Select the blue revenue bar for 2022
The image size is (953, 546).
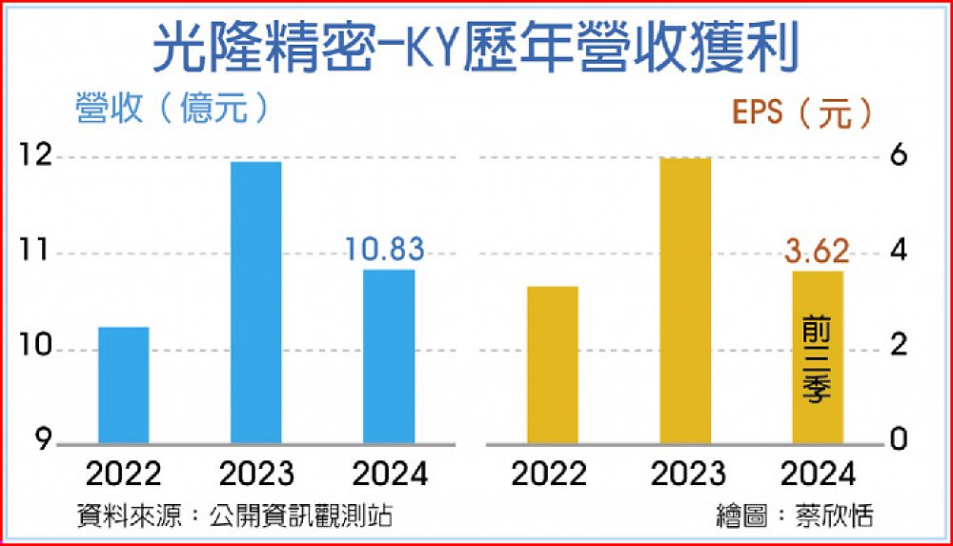pos(123,386)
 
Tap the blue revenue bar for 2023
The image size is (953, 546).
pos(256,303)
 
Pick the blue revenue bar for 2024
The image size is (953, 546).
pos(390,356)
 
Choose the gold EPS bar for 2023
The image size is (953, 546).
pos(685,301)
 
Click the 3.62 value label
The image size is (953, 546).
pos(817,253)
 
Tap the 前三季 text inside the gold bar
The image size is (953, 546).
pos(817,362)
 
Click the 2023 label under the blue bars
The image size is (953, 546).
pos(256,474)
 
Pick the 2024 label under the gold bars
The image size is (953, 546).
pos(817,474)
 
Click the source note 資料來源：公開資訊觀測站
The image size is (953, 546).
pos(234,516)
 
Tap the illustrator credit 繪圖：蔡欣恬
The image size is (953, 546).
pos(795,516)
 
